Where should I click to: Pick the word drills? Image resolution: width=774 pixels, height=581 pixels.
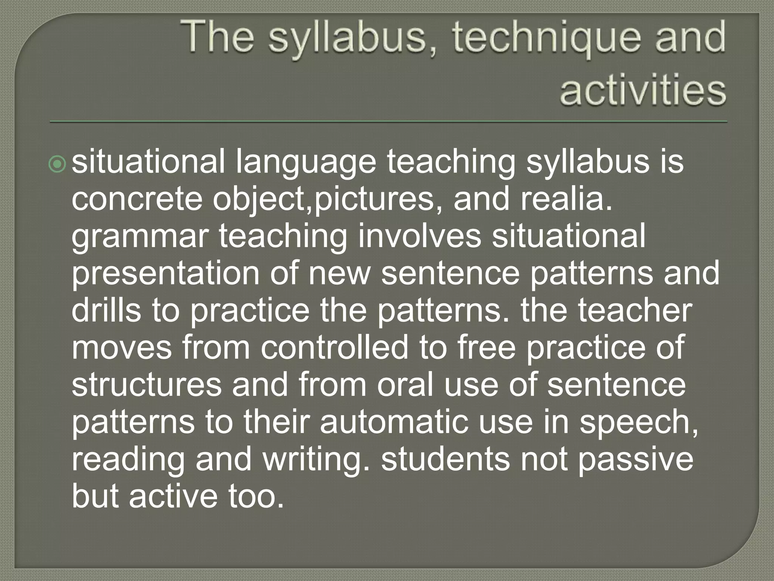pos(106,311)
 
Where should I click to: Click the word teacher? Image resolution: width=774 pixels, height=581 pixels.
pos(635,311)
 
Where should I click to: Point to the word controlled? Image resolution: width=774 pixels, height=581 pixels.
pos(334,348)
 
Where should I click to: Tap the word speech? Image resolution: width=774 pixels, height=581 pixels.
pos(638,423)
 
